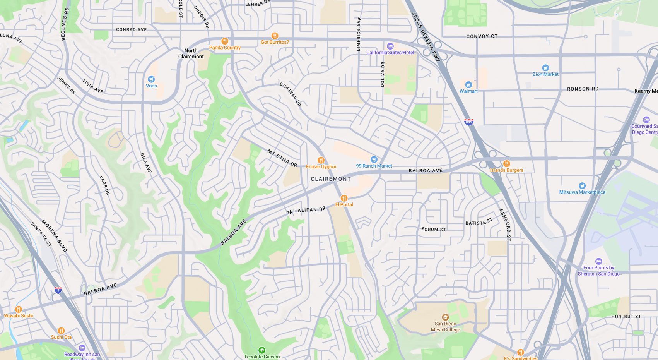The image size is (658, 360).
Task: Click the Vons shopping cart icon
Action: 151,79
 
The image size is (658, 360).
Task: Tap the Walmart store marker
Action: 468,84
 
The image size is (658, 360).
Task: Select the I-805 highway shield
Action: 468,122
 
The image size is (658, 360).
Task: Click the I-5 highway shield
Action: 58,290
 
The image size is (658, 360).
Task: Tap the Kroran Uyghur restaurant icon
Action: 321,160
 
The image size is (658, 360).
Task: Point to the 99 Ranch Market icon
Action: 374,159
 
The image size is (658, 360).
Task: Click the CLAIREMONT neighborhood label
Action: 331,179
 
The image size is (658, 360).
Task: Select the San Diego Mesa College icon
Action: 445,317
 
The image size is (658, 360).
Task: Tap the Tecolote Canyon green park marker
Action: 261,350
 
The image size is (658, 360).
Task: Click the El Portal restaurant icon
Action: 344,198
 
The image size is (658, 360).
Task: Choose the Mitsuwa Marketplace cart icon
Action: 582,185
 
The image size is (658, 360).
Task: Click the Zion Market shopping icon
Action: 545,67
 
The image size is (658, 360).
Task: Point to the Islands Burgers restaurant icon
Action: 506,163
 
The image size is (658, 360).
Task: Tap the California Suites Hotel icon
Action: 390,46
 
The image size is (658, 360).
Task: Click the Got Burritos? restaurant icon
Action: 275,36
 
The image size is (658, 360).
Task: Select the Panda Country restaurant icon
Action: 224,41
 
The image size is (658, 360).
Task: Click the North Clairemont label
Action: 191,53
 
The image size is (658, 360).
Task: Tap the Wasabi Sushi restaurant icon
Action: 18,309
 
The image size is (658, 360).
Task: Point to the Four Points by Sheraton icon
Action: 598,261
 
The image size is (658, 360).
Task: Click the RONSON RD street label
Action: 583,89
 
